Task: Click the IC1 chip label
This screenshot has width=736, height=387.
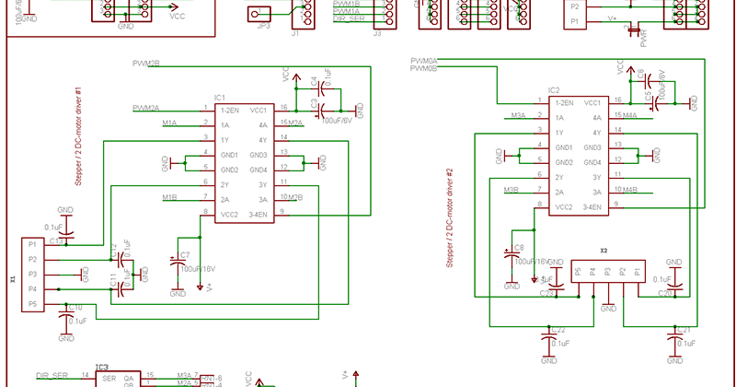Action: (220, 97)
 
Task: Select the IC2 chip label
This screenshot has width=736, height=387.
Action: (554, 90)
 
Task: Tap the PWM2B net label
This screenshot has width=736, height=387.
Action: (146, 64)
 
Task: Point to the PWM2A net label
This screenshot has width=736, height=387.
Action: (146, 108)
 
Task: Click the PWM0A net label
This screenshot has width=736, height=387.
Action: (424, 61)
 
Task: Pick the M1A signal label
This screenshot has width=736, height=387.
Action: (169, 123)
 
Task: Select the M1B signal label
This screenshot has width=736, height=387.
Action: (169, 197)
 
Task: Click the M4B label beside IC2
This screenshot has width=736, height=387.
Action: (630, 191)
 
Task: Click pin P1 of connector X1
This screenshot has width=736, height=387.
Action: (32, 245)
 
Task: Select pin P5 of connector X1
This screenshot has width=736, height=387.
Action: (32, 304)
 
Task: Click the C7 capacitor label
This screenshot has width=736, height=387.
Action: (185, 254)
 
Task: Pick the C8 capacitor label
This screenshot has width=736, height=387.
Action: (519, 248)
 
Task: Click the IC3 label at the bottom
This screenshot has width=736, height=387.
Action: (101, 367)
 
